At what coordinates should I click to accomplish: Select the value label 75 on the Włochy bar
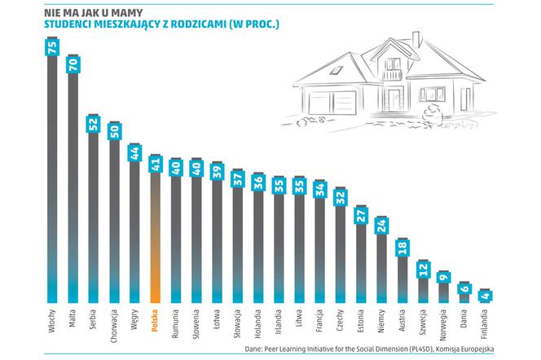click(52, 47)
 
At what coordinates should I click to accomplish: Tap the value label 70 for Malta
click(73, 65)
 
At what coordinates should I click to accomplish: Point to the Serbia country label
click(93, 321)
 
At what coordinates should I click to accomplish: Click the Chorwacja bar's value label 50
click(114, 131)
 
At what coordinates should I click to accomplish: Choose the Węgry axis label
click(134, 319)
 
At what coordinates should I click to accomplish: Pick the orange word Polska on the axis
click(155, 321)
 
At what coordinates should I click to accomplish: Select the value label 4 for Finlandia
click(486, 296)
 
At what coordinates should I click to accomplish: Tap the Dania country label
click(464, 318)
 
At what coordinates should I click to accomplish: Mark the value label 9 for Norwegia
click(444, 278)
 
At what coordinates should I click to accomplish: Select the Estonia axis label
click(361, 321)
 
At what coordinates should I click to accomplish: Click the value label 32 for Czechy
click(341, 198)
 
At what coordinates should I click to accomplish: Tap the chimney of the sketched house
click(416, 39)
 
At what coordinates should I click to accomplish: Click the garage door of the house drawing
click(332, 103)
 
